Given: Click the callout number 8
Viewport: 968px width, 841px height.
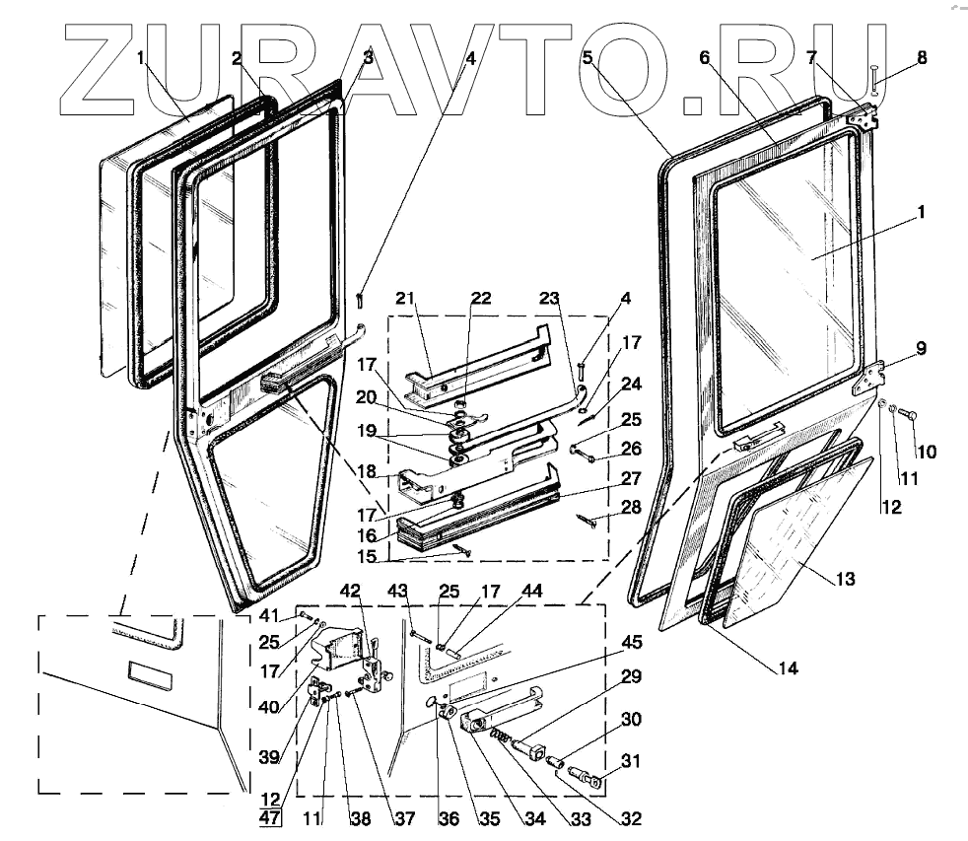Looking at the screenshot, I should click(922, 58).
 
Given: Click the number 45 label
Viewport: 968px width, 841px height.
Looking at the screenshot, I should click(631, 643).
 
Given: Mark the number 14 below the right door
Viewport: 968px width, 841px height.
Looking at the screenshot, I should click(787, 667).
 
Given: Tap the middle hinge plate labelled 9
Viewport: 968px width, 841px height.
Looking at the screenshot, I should click(867, 378).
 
